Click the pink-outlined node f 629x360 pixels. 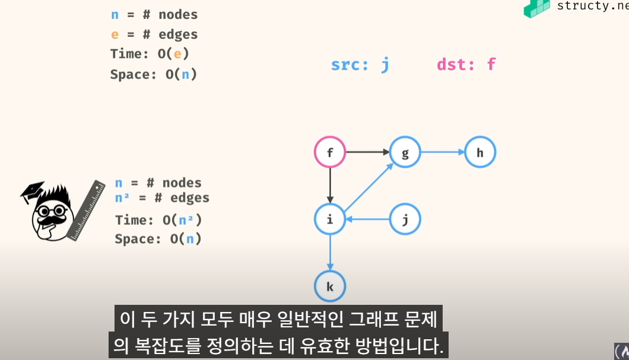pyautogui.click(x=329, y=152)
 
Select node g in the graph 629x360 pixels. pyautogui.click(x=405, y=152)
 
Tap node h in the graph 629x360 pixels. pyautogui.click(x=480, y=152)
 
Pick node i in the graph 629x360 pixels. pyautogui.click(x=329, y=220)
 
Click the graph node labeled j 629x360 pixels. pyautogui.click(x=405, y=220)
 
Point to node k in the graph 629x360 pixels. pyautogui.click(x=329, y=287)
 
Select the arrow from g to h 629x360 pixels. pyautogui.click(x=442, y=152)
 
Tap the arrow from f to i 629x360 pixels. pyautogui.click(x=329, y=186)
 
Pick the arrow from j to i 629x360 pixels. pyautogui.click(x=368, y=220)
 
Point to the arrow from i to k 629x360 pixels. pyautogui.click(x=329, y=253)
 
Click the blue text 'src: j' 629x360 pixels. pyautogui.click(x=360, y=65)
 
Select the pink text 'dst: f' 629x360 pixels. pyautogui.click(x=466, y=65)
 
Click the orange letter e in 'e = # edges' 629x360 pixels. pyautogui.click(x=115, y=35)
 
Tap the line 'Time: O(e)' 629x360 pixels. pyautogui.click(x=150, y=54)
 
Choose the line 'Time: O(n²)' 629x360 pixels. pyautogui.click(x=158, y=220)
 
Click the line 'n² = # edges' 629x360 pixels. pyautogui.click(x=162, y=198)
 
